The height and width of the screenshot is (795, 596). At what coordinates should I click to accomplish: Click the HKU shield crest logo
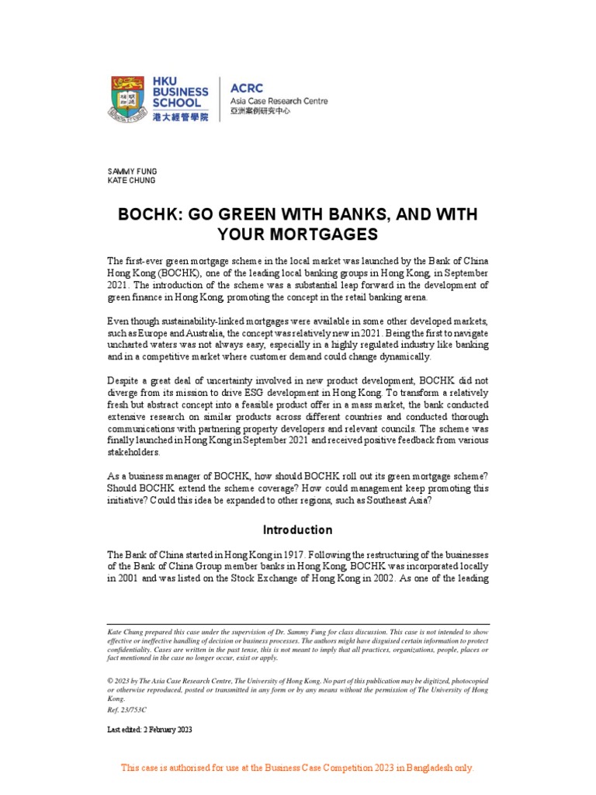tap(128, 98)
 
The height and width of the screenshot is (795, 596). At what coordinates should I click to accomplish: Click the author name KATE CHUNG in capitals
tap(131, 181)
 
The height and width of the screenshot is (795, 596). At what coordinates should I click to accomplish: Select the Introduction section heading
tap(297, 530)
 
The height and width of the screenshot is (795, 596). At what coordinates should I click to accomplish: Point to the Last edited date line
tap(149, 730)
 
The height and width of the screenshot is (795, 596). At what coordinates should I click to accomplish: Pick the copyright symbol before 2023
tap(109, 680)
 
